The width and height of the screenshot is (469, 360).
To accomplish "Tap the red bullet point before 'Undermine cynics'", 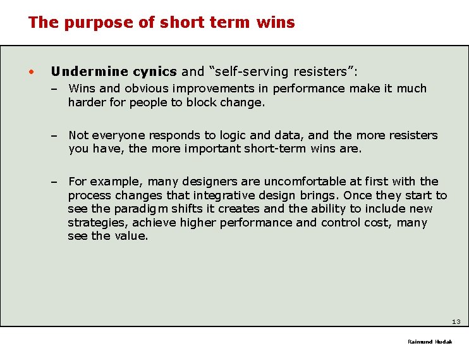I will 31,71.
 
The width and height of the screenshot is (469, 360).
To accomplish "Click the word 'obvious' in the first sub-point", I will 145,89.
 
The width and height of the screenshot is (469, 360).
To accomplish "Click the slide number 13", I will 456,322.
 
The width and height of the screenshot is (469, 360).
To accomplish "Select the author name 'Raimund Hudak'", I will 430,342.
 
